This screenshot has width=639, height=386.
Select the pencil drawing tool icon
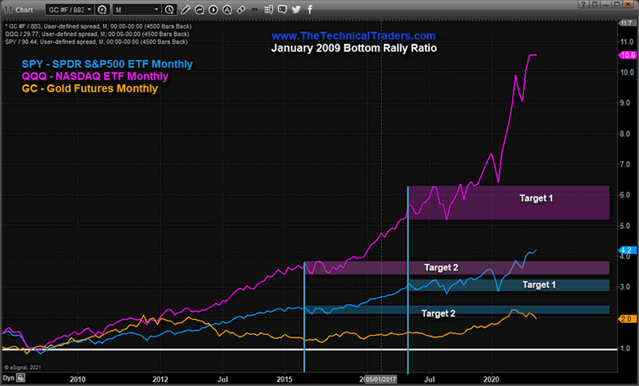(185, 9)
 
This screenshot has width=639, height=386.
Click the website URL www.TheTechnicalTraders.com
(352, 37)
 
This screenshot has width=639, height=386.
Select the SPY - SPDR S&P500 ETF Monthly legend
(106, 64)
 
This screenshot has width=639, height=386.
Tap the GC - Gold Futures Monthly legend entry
(89, 89)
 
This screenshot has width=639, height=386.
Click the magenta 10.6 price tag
(626, 54)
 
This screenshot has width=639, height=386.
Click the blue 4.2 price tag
(626, 250)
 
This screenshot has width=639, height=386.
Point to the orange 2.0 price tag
(626, 318)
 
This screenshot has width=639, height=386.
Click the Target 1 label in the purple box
(536, 197)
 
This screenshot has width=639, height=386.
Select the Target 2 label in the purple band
(441, 268)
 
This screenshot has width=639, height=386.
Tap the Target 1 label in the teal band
(539, 284)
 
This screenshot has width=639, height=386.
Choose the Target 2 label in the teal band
(438, 313)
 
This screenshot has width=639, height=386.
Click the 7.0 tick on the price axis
(626, 164)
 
